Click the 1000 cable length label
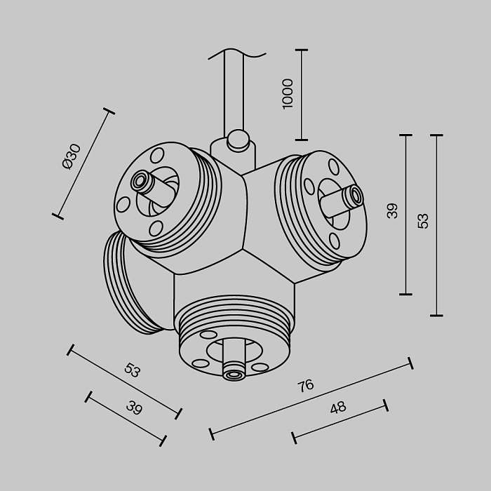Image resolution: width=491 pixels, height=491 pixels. tap(287, 93)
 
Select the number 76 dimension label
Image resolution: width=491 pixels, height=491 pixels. tap(305, 385)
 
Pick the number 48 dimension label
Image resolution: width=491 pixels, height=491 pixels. tap(337, 408)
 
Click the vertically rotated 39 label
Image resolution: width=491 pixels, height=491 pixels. tap(392, 210)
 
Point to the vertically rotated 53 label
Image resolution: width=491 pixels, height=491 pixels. tap(423, 220)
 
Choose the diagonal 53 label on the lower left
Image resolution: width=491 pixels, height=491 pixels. tap(132, 370)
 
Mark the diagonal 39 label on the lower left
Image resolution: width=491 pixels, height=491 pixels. tap(133, 408)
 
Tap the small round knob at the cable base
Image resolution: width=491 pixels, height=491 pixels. tap(238, 140)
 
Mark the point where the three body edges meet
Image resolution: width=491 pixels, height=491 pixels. tap(243, 248)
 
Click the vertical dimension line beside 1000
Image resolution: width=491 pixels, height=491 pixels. tap(302, 95)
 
